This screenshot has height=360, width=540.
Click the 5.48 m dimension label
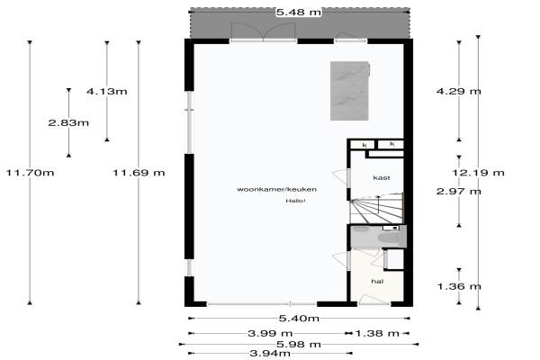tap(299, 13)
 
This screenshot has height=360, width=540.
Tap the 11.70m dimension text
tap(30, 172)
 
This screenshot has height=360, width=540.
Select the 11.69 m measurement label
tap(139, 172)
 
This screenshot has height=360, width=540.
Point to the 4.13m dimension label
tap(107, 91)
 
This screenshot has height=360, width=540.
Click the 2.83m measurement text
tap(68, 122)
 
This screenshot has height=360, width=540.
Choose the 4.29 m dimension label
tap(458, 91)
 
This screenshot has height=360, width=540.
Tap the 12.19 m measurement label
tap(478, 172)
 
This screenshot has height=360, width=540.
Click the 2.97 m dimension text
tap(458, 191)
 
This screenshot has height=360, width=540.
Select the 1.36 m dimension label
tap(459, 286)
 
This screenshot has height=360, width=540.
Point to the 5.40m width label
tap(299, 319)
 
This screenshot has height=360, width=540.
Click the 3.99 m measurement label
tap(270, 333)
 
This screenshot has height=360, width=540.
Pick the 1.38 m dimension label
tap(377, 333)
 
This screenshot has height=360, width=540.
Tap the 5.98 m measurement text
tap(299, 344)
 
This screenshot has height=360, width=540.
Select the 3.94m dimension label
tap(270, 353)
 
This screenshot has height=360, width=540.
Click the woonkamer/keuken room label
tap(276, 189)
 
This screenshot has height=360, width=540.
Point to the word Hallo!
tap(295, 201)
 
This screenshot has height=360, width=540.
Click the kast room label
tap(382, 178)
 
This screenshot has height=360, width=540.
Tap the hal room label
tap(377, 282)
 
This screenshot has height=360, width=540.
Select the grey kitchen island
tap(349, 91)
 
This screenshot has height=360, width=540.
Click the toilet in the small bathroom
tap(389, 238)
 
